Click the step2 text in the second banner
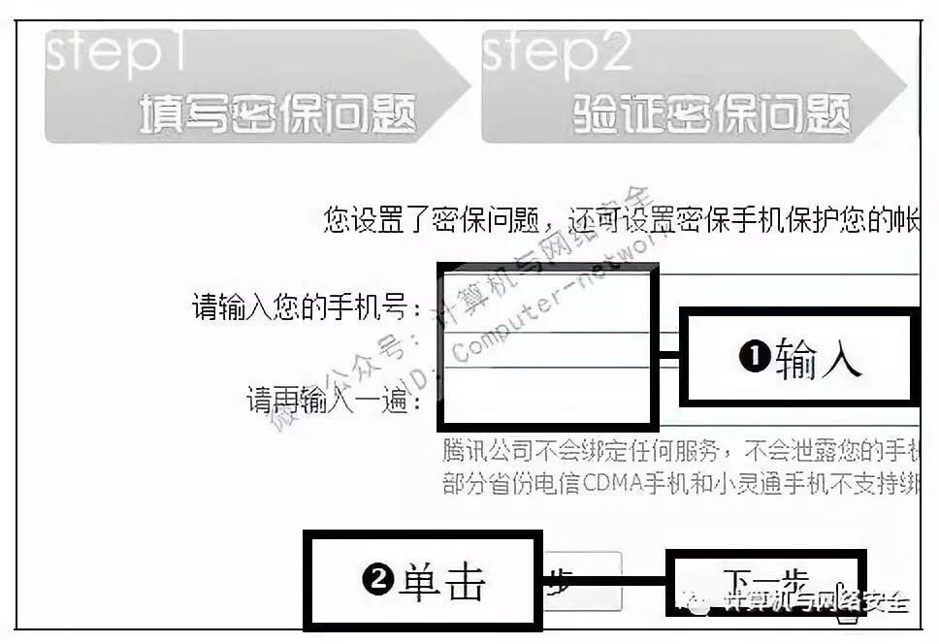557,56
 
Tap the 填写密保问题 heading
277,114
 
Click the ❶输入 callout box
798,357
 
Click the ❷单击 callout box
423,581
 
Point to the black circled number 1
754,359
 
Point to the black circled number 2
376,581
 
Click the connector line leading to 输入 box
668,357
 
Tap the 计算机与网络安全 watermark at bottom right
816,602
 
